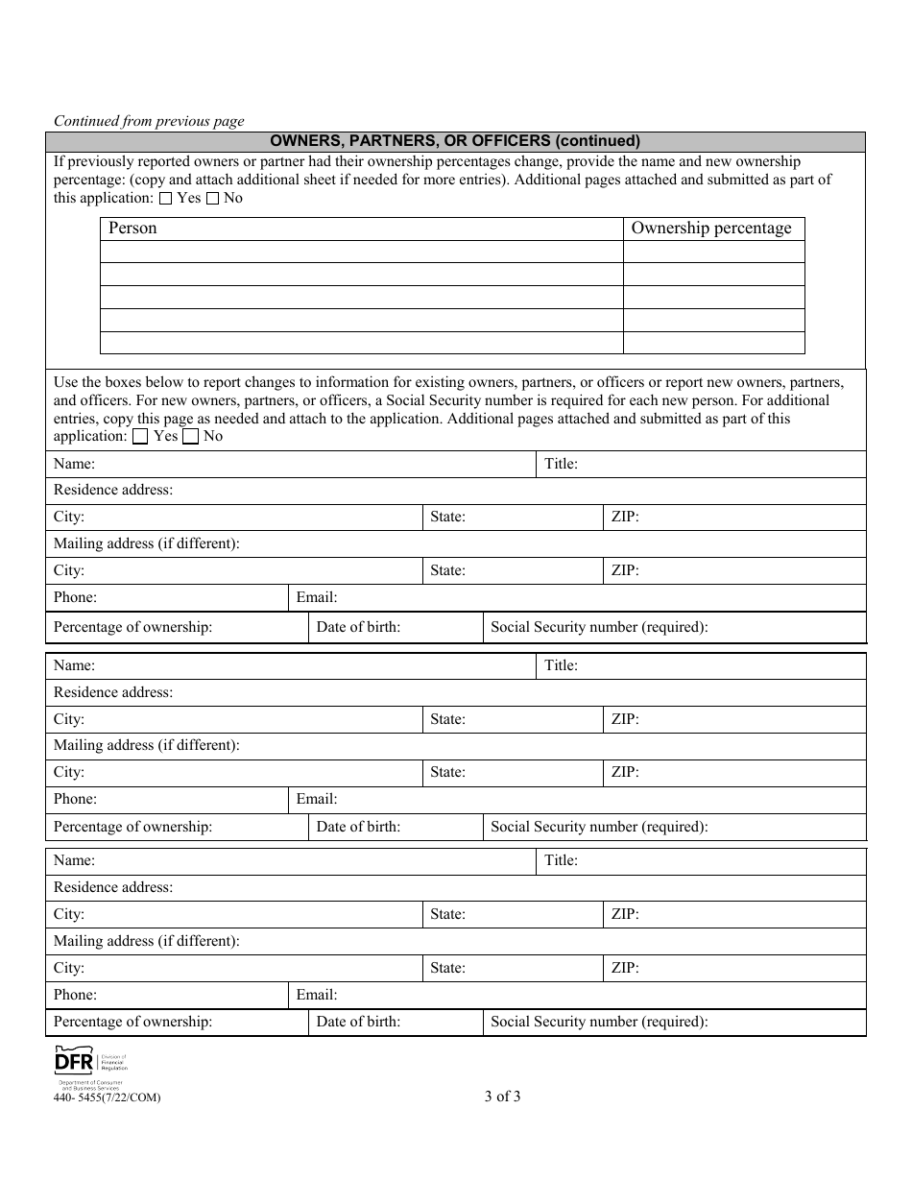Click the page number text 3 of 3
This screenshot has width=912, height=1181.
click(x=503, y=1097)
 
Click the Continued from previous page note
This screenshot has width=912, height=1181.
click(x=149, y=121)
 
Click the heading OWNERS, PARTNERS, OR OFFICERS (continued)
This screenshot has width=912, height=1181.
click(x=455, y=141)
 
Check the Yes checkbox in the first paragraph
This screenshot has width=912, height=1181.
click(x=165, y=199)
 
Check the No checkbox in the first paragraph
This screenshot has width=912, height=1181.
click(x=212, y=199)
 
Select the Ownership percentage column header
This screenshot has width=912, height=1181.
click(x=712, y=229)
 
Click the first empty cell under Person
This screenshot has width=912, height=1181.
click(x=361, y=252)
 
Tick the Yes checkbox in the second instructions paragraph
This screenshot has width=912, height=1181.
click(x=140, y=437)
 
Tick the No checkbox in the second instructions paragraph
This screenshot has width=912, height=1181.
click(x=190, y=437)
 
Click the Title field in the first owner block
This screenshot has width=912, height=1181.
click(x=701, y=465)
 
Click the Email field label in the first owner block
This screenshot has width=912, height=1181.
click(x=317, y=597)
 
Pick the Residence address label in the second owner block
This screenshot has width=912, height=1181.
click(x=113, y=692)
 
